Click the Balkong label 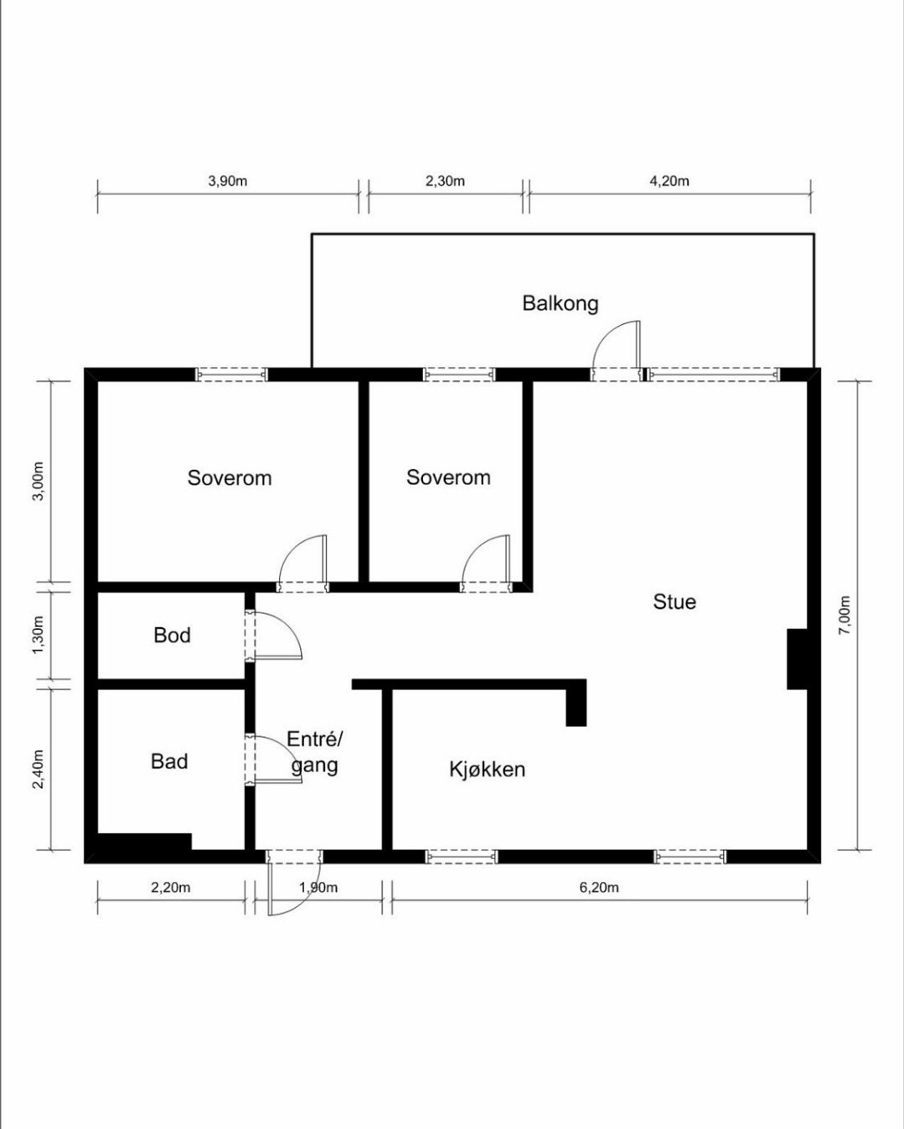coord(560,303)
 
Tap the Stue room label coord(674,601)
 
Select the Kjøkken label coord(487,769)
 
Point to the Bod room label coord(172,635)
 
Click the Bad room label coord(169,761)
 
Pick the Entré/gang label coord(315,751)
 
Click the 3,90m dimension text coord(228,181)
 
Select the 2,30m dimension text coord(445,181)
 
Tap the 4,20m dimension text coord(669,181)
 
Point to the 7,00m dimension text coord(845,615)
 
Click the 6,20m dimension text coord(599,888)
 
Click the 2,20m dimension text coord(171,888)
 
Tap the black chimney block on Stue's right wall coord(797,658)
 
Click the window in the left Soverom coord(232,374)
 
